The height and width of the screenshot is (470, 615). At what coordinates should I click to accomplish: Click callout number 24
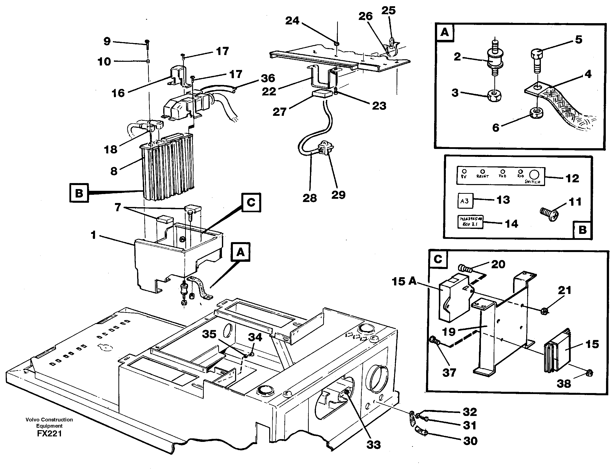[x=292, y=21]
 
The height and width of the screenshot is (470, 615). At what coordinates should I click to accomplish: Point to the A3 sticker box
[x=465, y=201]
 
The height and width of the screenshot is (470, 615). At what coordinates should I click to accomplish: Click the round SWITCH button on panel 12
[x=534, y=175]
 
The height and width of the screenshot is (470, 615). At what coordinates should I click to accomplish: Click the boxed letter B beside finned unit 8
[x=79, y=193]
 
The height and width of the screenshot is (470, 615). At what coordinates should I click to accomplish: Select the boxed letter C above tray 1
[x=251, y=202]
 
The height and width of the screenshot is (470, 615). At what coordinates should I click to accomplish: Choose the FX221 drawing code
[x=49, y=434]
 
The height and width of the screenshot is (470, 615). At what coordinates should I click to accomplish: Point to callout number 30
[x=470, y=441]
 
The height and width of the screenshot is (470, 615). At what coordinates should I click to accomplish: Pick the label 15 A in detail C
[x=404, y=281]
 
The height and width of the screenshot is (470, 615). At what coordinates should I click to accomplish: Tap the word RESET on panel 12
[x=483, y=176]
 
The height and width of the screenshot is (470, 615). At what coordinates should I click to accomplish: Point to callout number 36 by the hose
[x=268, y=78]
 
